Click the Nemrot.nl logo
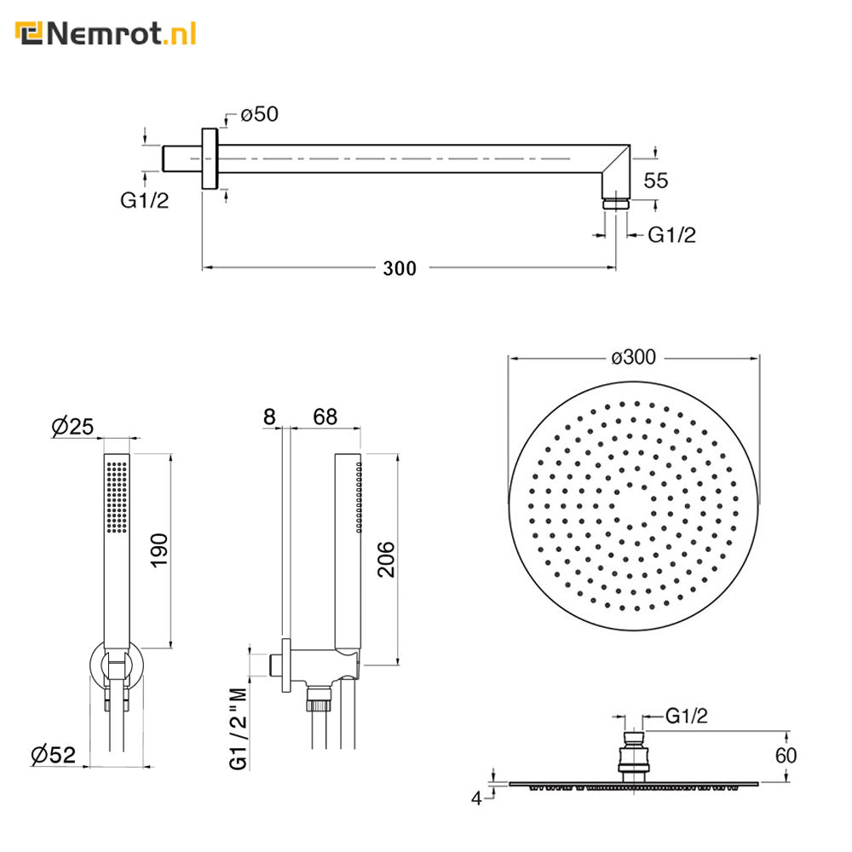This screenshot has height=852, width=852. (x=106, y=34)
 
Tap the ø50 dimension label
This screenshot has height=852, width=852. (x=259, y=114)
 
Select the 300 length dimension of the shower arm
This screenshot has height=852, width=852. (x=400, y=268)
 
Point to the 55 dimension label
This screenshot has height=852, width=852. (x=655, y=181)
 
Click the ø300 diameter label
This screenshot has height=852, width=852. (x=634, y=357)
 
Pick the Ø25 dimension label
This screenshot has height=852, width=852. (x=72, y=427)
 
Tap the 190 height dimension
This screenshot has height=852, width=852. (x=159, y=550)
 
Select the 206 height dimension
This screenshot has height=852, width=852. (x=386, y=559)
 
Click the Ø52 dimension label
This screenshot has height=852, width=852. (x=53, y=755)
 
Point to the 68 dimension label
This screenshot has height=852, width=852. (x=325, y=417)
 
